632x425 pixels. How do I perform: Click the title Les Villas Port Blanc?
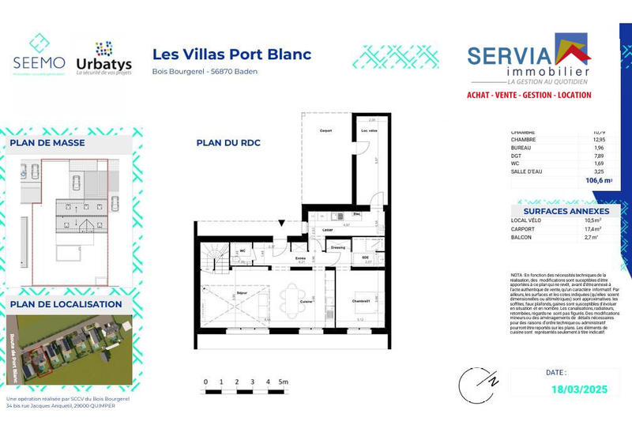[231, 55]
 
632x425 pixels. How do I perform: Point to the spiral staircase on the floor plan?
[212, 258]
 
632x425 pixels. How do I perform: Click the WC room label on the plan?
[243, 250]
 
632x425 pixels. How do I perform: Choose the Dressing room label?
[338, 247]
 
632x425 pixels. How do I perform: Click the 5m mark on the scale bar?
[283, 382]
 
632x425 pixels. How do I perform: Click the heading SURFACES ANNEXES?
[566, 211]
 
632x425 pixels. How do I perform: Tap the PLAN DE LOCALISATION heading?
[66, 304]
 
